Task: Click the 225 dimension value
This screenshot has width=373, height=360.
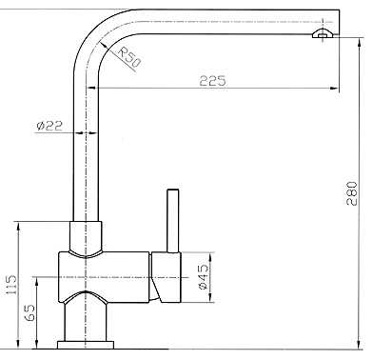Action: click(212, 82)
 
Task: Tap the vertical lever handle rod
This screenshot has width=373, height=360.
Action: click(173, 220)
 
